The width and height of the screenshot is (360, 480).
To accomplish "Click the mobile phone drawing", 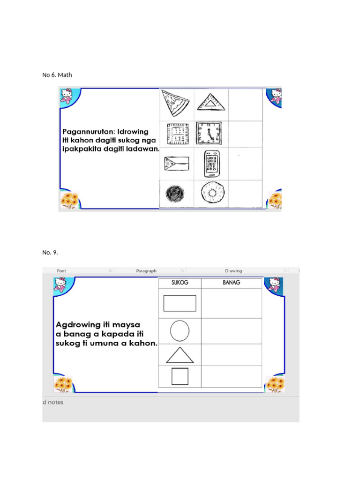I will point(212,163).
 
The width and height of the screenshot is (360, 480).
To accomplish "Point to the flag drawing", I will point(176,165).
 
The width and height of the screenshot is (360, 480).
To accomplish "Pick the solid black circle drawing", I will point(175,193).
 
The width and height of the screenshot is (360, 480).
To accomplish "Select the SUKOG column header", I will point(180,283).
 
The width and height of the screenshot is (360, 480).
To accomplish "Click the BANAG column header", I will point(231,283).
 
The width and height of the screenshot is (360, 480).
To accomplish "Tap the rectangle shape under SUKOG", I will point(180,303).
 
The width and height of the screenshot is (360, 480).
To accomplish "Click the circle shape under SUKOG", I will point(180,331).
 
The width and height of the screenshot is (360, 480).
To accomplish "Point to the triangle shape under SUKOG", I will point(180,356).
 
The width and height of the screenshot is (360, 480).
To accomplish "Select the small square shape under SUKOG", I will point(180,376).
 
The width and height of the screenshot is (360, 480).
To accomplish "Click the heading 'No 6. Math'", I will point(57,75).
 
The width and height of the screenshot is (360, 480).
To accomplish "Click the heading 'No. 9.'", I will point(50,252).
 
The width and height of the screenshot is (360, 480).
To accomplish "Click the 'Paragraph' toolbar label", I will point(146,271).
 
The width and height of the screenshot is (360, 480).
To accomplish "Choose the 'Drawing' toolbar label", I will point(233,271).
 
